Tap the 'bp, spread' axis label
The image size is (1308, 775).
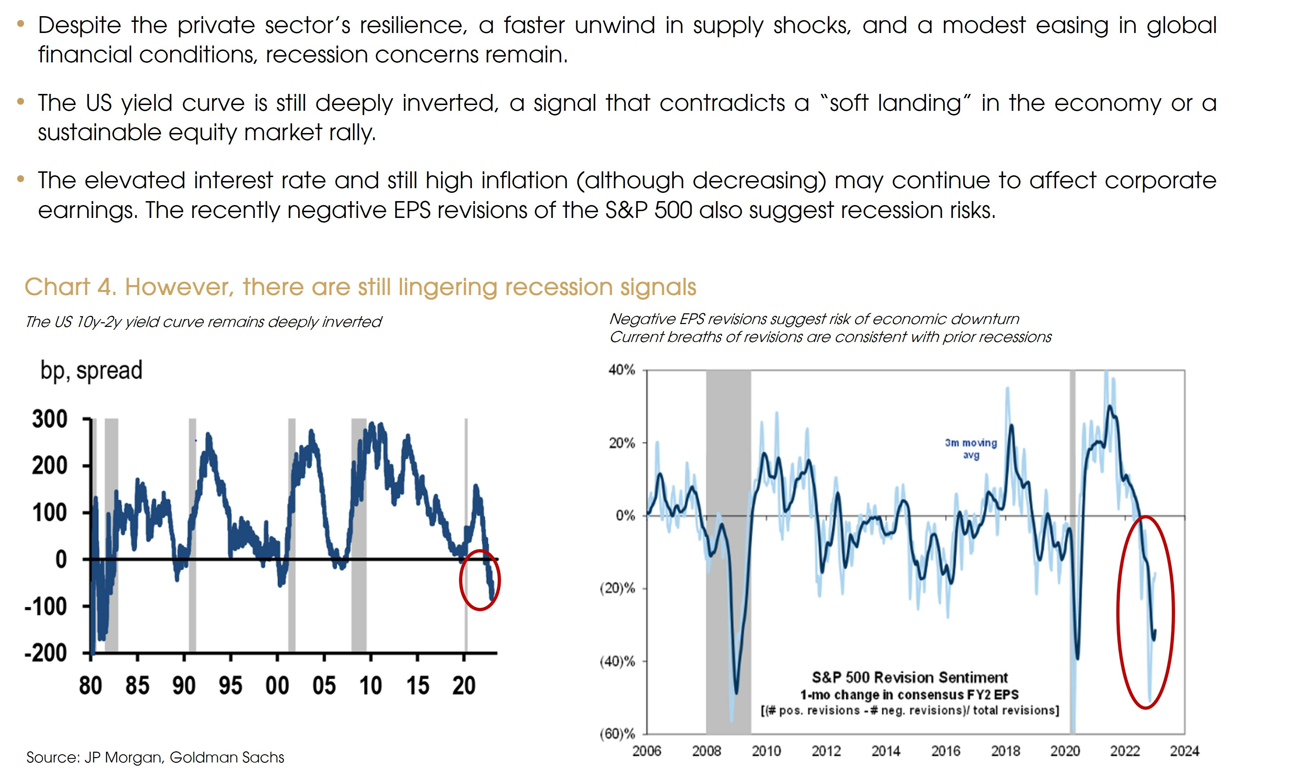[x=91, y=371]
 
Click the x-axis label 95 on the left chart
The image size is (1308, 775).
[x=230, y=686]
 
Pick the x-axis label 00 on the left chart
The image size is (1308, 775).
[x=277, y=686]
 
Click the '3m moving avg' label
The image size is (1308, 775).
[x=970, y=448]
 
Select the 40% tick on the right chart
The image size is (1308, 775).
[x=622, y=370]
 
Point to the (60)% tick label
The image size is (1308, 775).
[x=617, y=734]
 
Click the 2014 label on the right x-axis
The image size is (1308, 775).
[x=886, y=751]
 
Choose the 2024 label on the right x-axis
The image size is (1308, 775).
[x=1184, y=751]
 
